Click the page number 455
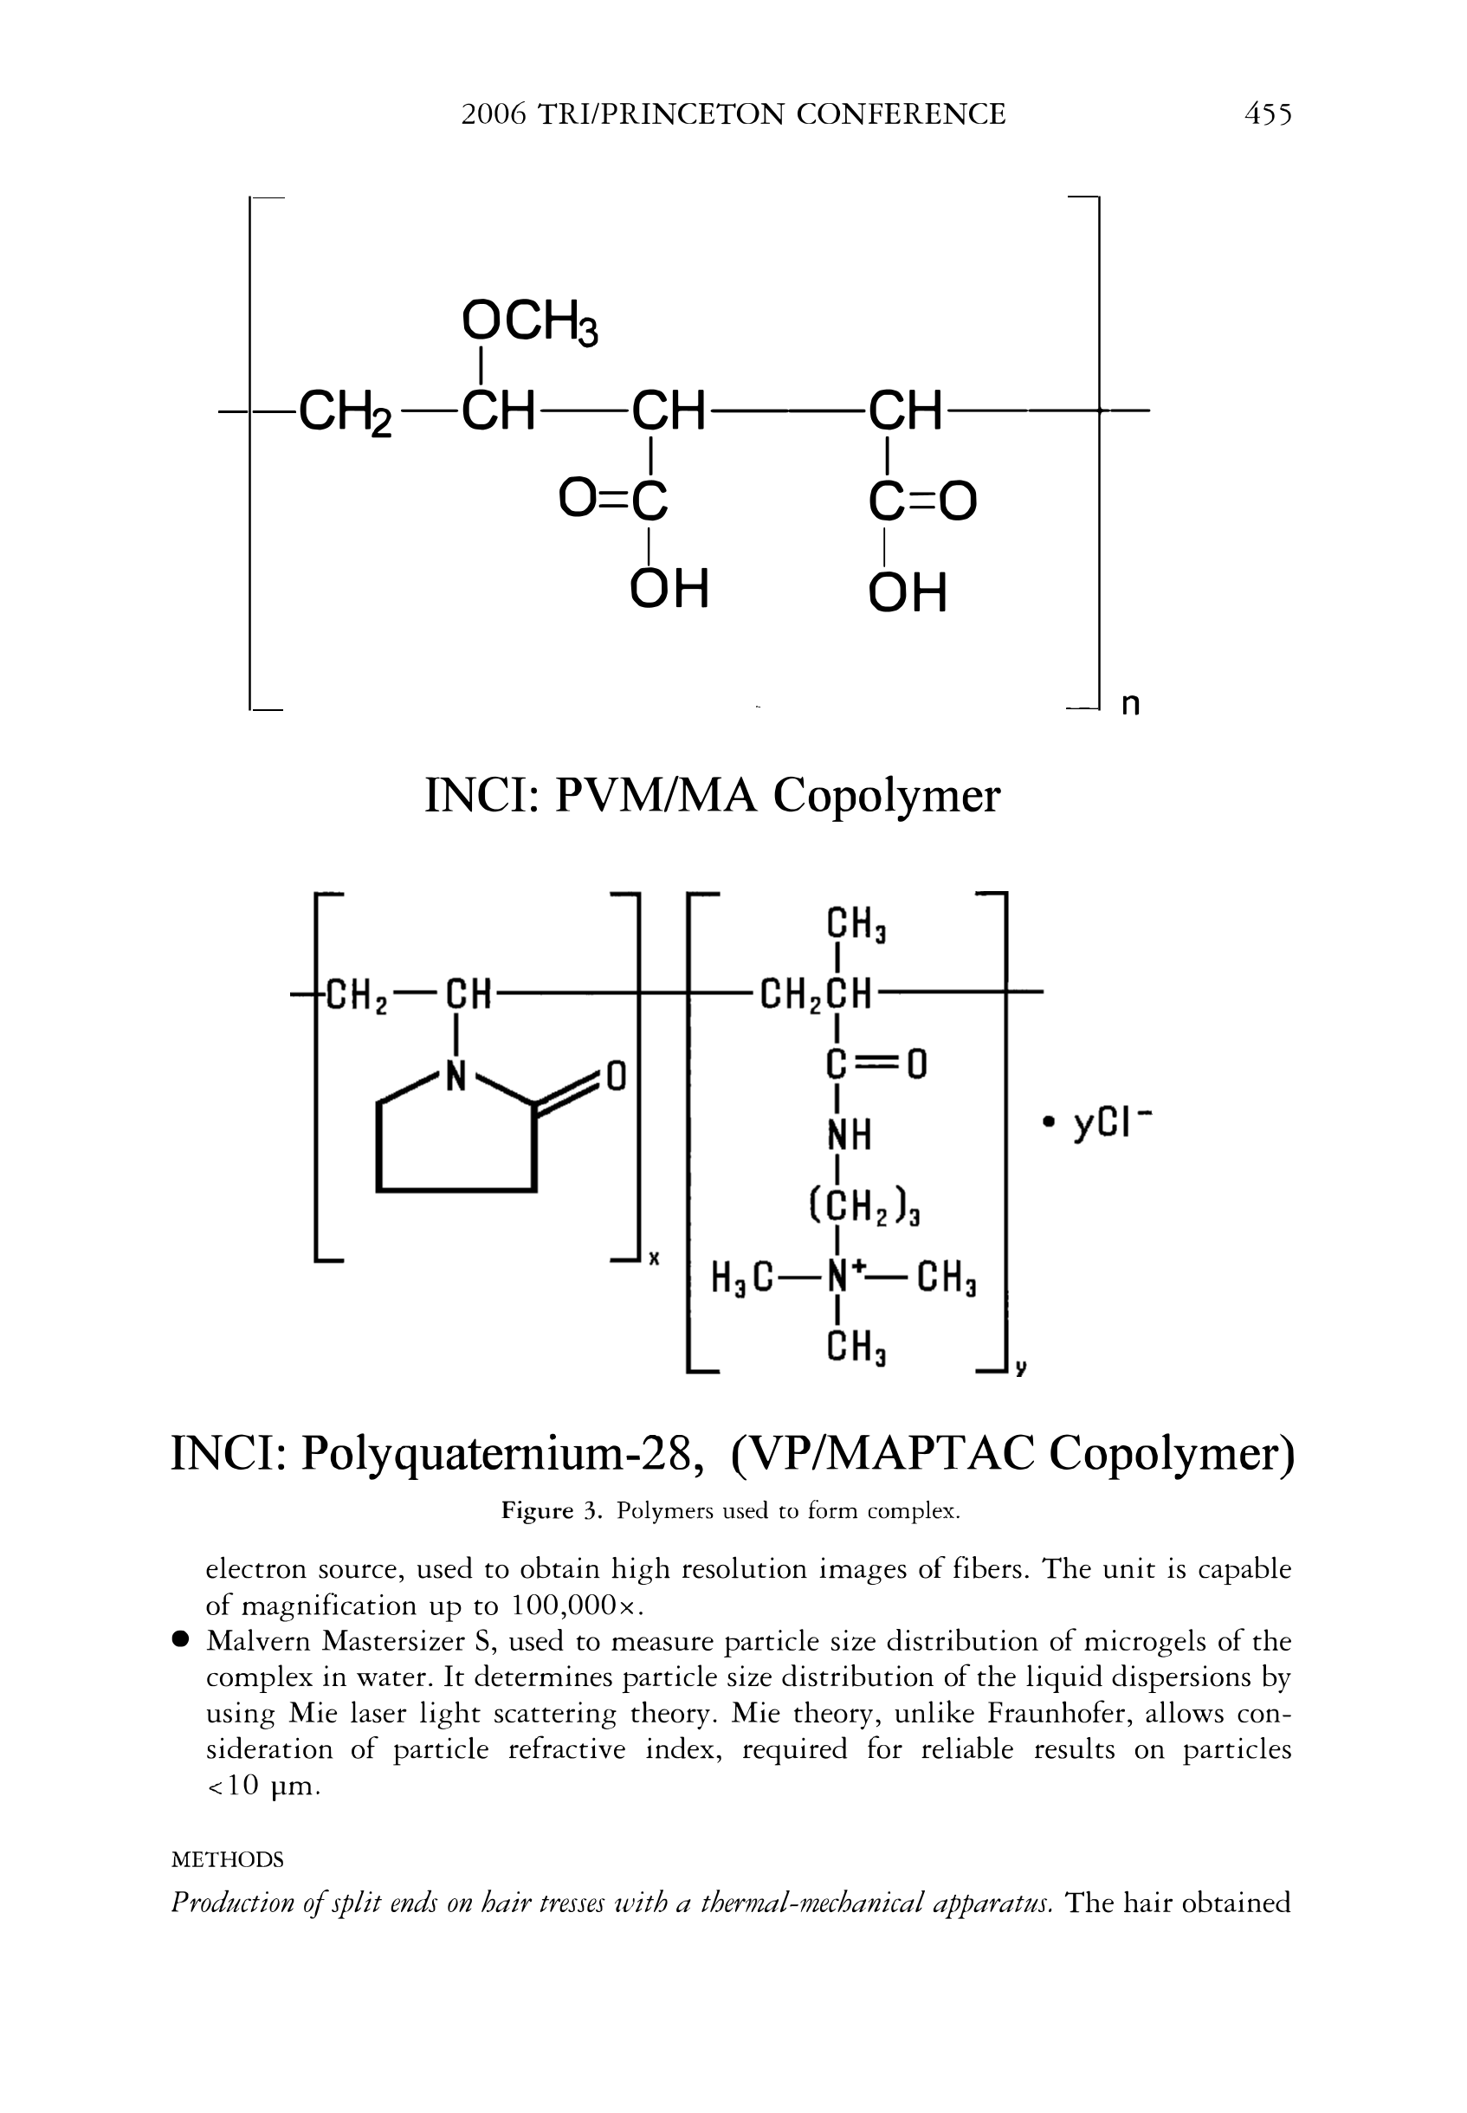pyautogui.click(x=1268, y=114)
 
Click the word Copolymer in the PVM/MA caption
pyautogui.click(x=885, y=796)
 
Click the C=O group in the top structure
pyautogui.click(x=922, y=501)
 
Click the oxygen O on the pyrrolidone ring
pyautogui.click(x=616, y=1075)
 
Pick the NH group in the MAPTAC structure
pyautogui.click(x=850, y=1137)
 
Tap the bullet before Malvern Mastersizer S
pyautogui.click(x=180, y=1639)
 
